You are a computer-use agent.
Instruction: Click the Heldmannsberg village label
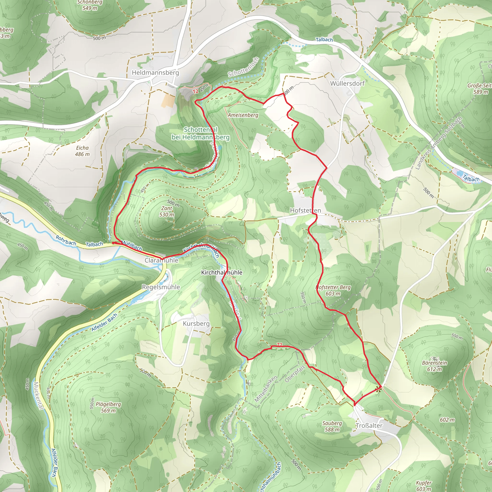155,73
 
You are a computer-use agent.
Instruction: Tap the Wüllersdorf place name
347,83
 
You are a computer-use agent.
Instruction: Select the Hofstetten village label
305,210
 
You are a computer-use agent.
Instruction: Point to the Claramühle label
161,260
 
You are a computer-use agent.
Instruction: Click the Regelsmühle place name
161,287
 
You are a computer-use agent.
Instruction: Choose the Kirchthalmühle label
221,272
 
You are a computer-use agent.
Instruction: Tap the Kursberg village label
196,323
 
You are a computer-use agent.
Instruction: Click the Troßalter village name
369,425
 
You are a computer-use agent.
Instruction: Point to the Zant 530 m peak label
167,211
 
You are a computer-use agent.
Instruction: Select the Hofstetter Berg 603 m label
333,290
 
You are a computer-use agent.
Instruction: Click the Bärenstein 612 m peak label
434,366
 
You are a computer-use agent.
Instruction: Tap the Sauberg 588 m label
332,426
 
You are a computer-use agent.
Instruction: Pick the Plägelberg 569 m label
108,407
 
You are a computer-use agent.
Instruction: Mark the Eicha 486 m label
82,151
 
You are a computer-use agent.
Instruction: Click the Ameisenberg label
243,115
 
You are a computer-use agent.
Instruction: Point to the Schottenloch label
243,67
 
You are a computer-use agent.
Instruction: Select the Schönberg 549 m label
90,5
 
